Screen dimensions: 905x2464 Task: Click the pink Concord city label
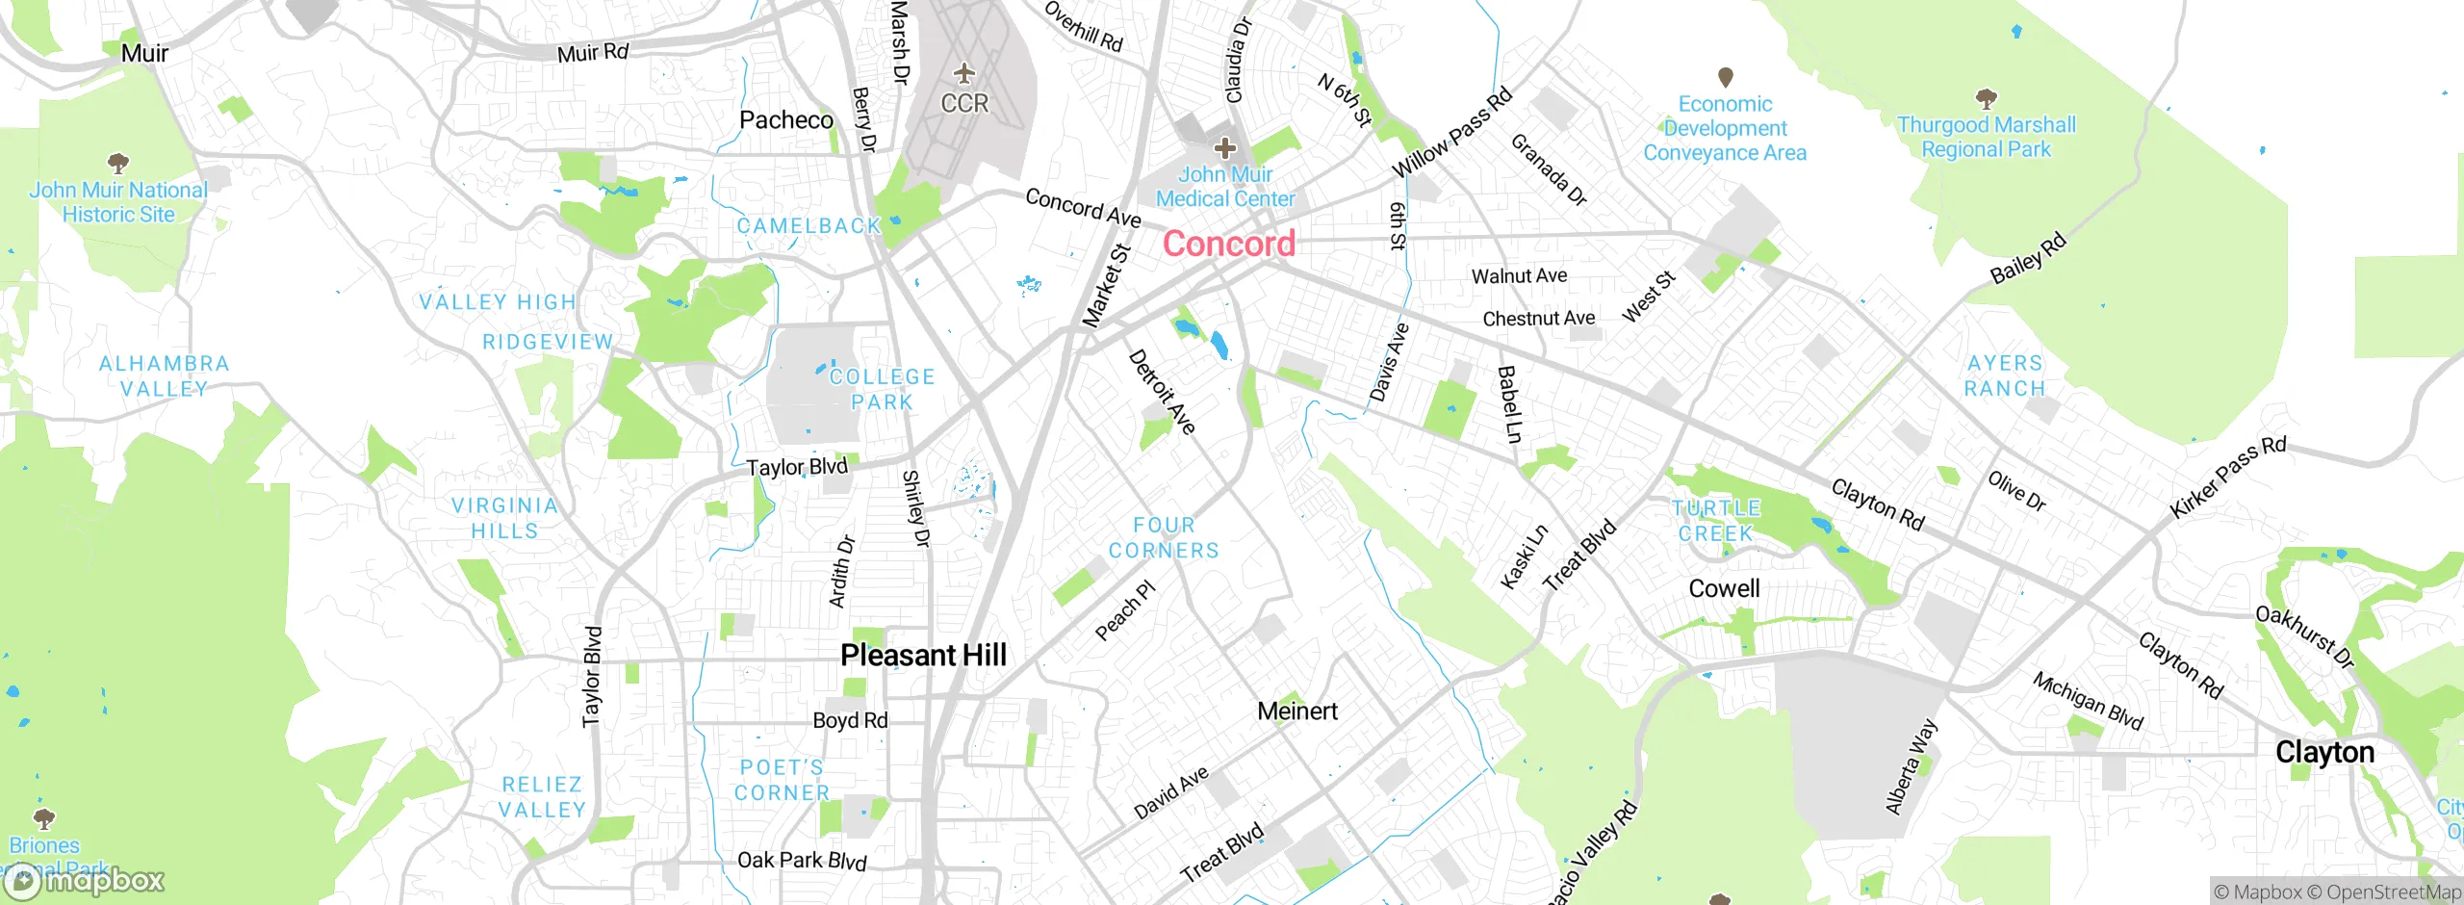tap(1229, 244)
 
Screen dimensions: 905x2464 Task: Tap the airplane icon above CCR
tap(963, 73)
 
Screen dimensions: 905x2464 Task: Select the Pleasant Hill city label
tap(923, 656)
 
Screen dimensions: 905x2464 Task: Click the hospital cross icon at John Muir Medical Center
tap(1224, 148)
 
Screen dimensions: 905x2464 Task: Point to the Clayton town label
tap(2324, 752)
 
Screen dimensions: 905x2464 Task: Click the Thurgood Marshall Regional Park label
tap(1986, 137)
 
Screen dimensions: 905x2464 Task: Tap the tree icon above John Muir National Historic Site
tap(117, 162)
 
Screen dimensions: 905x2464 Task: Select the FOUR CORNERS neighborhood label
tap(1164, 537)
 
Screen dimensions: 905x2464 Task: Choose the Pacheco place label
tap(786, 120)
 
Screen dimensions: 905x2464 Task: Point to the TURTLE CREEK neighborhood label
tap(1716, 520)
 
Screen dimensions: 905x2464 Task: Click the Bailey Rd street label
tap(2028, 258)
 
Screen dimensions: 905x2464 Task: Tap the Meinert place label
tap(1297, 711)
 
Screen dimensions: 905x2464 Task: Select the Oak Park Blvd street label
tap(802, 861)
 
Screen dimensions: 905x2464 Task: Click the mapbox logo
tap(85, 880)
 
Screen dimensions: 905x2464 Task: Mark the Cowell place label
tap(1724, 588)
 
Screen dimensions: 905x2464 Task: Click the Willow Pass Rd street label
tap(1452, 133)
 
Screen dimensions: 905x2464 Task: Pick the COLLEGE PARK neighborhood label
tap(882, 389)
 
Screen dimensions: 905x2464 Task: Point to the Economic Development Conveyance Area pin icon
tap(1725, 75)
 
